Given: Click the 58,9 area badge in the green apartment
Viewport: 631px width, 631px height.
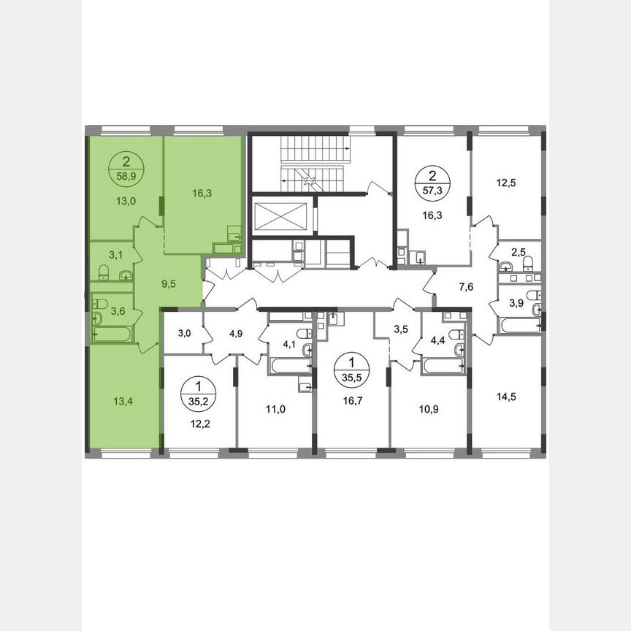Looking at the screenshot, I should (x=127, y=169).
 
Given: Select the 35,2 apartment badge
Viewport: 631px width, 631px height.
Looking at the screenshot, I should (x=196, y=392).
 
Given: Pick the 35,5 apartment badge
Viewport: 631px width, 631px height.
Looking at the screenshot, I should (x=352, y=369).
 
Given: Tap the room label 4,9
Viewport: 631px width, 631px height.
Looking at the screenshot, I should (x=235, y=334).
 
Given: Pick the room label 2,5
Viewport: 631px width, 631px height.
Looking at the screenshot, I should (x=518, y=252).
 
